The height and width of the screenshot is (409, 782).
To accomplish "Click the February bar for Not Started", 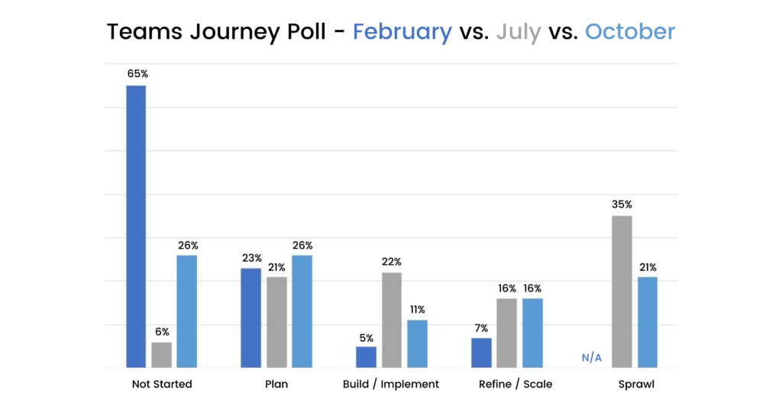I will (x=136, y=227).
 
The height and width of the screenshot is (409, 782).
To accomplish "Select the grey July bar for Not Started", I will (x=161, y=355).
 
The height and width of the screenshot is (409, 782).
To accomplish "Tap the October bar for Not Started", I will (x=186, y=311).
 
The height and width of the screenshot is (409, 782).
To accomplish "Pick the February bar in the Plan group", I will (x=251, y=318).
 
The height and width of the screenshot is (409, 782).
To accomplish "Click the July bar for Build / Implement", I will (x=392, y=320).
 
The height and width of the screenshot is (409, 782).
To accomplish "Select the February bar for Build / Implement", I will (x=367, y=357).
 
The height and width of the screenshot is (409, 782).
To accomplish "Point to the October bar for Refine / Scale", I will (x=532, y=333).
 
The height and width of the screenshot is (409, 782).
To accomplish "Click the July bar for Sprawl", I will (x=622, y=292).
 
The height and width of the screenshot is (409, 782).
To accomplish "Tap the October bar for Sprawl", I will (x=648, y=323).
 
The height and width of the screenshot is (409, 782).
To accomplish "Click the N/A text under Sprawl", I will (x=592, y=358).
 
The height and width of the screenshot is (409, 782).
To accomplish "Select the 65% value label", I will (x=136, y=75).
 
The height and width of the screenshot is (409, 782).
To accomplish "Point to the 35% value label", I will (x=622, y=204).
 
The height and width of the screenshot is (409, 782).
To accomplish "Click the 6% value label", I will (x=161, y=332).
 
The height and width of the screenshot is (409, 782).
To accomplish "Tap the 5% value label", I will (x=367, y=337).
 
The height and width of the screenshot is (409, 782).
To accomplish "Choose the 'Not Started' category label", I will (x=161, y=384).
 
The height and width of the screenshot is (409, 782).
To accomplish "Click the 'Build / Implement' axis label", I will (x=391, y=384).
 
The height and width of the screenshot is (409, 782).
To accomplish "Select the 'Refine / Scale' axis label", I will (x=515, y=384).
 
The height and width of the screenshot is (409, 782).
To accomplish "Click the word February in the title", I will (x=402, y=32).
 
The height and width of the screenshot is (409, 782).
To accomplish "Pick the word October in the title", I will (x=630, y=32).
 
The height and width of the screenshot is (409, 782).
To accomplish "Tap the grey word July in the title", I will (x=519, y=32).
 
